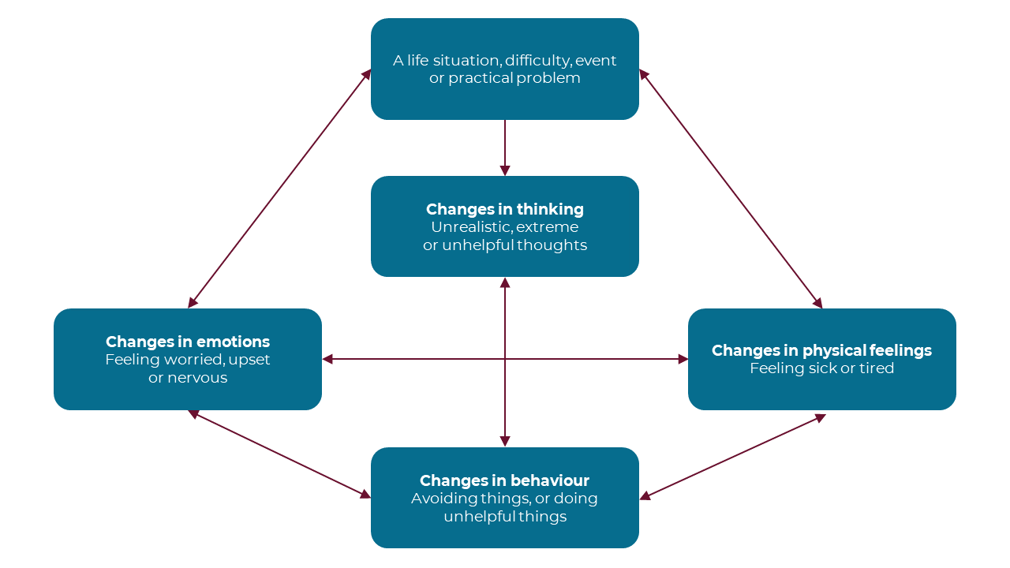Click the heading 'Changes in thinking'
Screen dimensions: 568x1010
tap(505, 209)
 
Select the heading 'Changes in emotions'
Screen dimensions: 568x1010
tap(188, 342)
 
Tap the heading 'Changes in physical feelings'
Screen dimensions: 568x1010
tap(821, 350)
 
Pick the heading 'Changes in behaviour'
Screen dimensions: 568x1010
tap(504, 480)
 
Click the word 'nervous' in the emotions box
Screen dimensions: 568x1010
tap(198, 378)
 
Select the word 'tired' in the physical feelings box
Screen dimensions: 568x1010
tap(876, 368)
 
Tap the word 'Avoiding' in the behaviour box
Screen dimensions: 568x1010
tap(442, 499)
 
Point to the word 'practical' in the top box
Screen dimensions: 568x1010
tap(481, 78)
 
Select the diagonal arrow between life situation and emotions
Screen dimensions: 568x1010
tap(280, 188)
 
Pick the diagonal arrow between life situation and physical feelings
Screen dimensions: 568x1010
tap(730, 188)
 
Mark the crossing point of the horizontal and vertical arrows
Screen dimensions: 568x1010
tap(505, 359)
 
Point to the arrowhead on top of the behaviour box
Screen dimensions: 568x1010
tap(505, 441)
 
